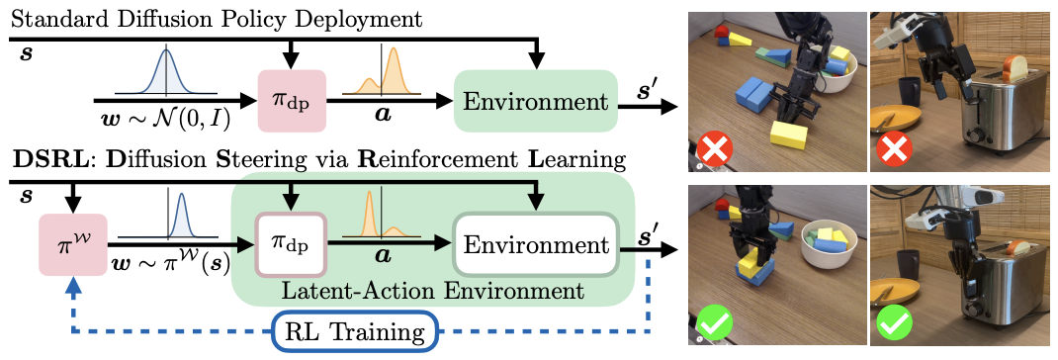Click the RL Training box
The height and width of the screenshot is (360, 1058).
pyautogui.click(x=354, y=331)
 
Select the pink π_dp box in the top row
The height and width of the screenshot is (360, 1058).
pyautogui.click(x=293, y=101)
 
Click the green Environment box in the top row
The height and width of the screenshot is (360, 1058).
pyautogui.click(x=537, y=101)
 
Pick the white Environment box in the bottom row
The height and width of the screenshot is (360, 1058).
pyautogui.click(x=536, y=244)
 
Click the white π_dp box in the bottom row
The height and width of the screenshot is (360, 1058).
pyautogui.click(x=290, y=244)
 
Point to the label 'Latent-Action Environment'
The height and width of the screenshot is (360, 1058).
pyautogui.click(x=432, y=292)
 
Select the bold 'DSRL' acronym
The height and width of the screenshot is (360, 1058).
pyautogui.click(x=42, y=161)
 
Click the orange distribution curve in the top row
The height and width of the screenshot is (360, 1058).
pyautogui.click(x=382, y=71)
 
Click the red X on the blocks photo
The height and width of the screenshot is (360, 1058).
pyautogui.click(x=711, y=149)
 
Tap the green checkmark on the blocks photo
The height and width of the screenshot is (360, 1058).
pyautogui.click(x=713, y=327)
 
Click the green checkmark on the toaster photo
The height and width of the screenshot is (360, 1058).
pyautogui.click(x=892, y=325)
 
